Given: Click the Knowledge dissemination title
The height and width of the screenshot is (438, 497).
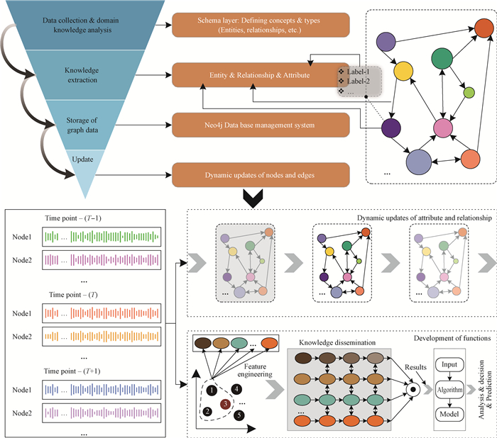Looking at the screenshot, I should (x=329, y=342).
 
